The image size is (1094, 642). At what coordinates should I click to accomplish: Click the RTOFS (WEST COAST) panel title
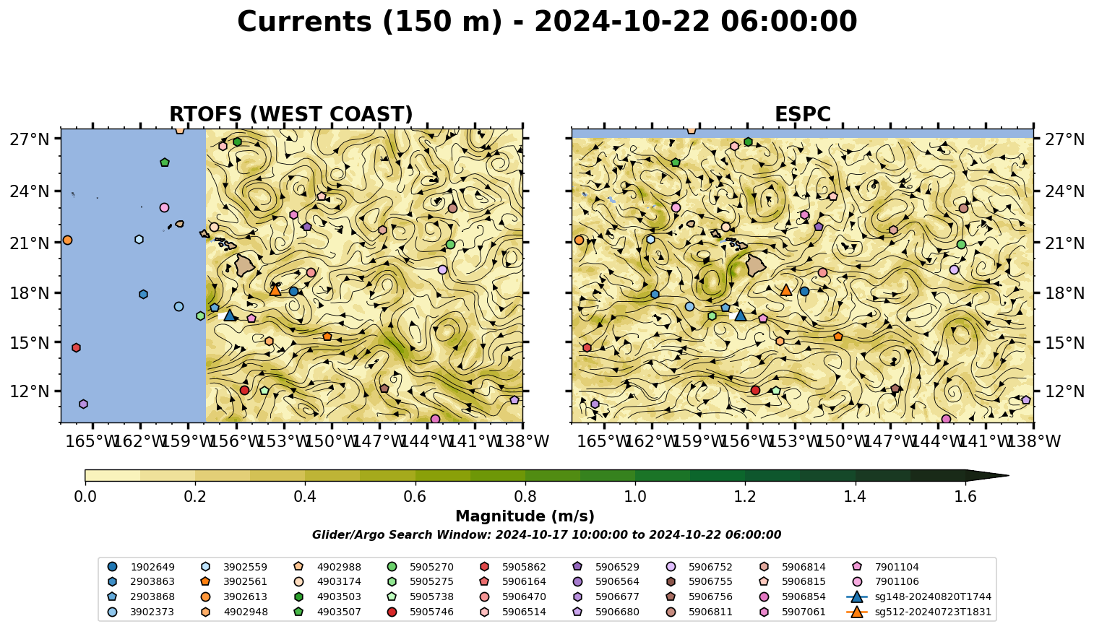click(x=291, y=114)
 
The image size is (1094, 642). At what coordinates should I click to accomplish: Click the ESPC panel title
click(x=802, y=114)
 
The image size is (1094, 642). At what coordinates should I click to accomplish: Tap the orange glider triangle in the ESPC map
click(x=786, y=290)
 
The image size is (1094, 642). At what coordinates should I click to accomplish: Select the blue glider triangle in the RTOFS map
click(x=230, y=316)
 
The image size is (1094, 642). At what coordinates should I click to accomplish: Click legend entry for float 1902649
click(x=141, y=567)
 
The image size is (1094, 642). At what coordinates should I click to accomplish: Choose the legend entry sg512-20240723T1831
click(x=918, y=612)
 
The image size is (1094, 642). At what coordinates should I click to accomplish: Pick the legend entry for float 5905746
click(x=420, y=612)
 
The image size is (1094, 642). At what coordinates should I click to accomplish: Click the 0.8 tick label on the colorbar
click(x=525, y=497)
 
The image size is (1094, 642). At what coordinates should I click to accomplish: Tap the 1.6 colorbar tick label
click(x=965, y=497)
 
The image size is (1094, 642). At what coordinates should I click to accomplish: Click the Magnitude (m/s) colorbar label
click(x=525, y=516)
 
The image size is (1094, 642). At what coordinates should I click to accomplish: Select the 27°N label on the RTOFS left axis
click(x=30, y=139)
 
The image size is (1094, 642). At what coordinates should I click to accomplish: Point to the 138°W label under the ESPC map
click(x=1035, y=441)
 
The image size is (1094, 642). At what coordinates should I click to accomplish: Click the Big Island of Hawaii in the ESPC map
click(x=756, y=266)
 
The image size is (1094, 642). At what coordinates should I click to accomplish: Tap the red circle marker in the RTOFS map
click(x=245, y=390)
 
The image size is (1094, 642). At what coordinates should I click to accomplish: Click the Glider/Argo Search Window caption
click(x=546, y=534)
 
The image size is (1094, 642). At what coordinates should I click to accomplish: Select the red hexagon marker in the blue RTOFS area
click(x=76, y=347)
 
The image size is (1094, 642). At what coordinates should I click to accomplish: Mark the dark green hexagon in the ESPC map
click(x=748, y=142)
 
